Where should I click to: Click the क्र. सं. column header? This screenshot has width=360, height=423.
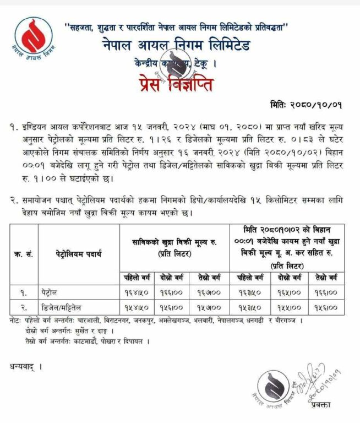coord(24,254)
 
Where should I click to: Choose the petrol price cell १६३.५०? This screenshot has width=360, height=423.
coord(249,290)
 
